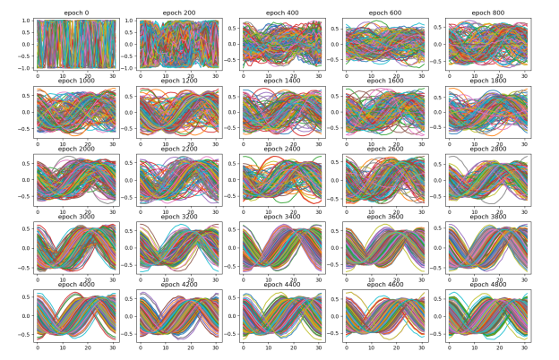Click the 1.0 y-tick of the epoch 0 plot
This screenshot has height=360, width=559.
pos(27,20)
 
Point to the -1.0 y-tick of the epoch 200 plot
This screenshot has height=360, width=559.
pos(128,67)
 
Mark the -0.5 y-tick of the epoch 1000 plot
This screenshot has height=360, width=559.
pos(25,129)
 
